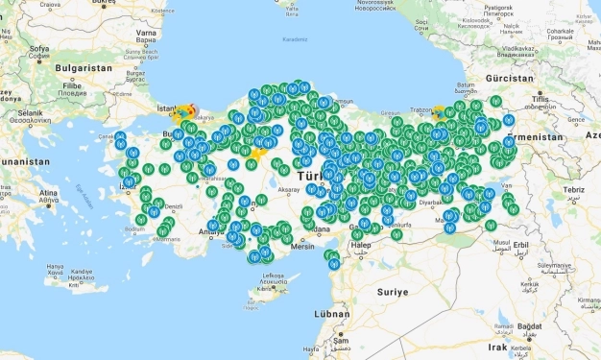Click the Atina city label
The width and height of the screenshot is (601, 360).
pyautogui.click(x=48, y=193)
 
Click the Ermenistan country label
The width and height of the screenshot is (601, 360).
pyautogui.click(x=562, y=137)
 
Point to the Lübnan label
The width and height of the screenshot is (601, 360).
pyautogui.click(x=331, y=314)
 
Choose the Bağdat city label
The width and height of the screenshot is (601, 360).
pyautogui.click(x=530, y=325)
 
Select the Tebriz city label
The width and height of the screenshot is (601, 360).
pyautogui.click(x=574, y=190)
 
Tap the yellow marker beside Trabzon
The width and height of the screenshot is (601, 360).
pyautogui.click(x=439, y=111)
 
